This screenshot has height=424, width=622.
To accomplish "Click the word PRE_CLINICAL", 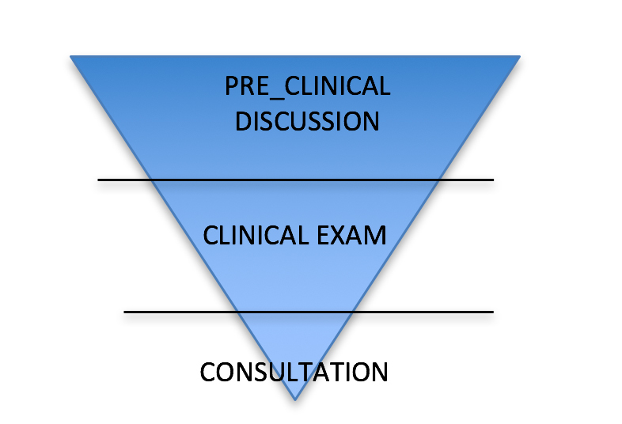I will tap(307, 86).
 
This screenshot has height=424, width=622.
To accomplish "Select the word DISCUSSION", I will tap(307, 122).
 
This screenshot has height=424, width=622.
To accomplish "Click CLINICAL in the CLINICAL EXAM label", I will tap(253, 236).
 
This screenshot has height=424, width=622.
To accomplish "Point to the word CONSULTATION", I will tap(294, 372).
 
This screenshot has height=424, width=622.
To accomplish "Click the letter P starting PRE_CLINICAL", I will tap(231, 86).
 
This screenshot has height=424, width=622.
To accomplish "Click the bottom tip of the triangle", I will tap(294, 399).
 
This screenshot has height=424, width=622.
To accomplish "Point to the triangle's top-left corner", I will tap(71, 56).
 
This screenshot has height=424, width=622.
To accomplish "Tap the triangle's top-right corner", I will tap(519, 56).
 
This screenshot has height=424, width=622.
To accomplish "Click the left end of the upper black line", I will tap(99, 180).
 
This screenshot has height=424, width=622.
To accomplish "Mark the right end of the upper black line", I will tap(493, 180).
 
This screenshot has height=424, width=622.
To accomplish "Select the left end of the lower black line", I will tap(125, 312).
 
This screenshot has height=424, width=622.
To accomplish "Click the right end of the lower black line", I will tap(493, 312).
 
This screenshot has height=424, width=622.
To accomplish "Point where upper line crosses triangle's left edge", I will tap(152, 180).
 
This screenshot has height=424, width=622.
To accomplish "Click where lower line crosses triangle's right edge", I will tap(352, 312).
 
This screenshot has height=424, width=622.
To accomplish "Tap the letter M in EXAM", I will tap(374, 236).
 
